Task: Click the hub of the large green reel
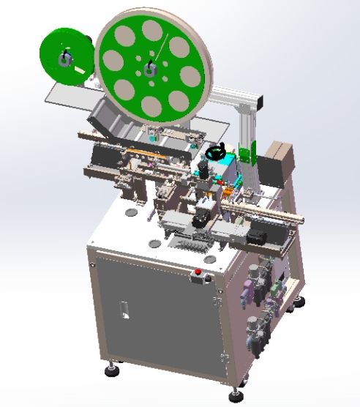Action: [x=150, y=70]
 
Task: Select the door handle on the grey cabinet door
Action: [x=125, y=310]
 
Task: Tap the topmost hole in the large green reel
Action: [x=151, y=30]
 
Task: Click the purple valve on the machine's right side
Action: [x=272, y=301]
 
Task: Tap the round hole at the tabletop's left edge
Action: [x=130, y=213]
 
